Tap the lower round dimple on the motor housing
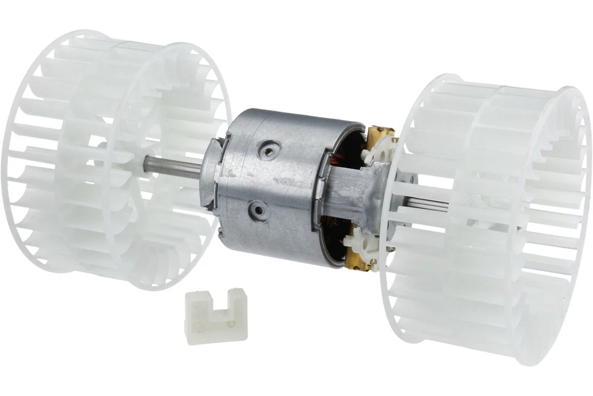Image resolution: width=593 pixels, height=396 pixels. pyautogui.click(x=255, y=212)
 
